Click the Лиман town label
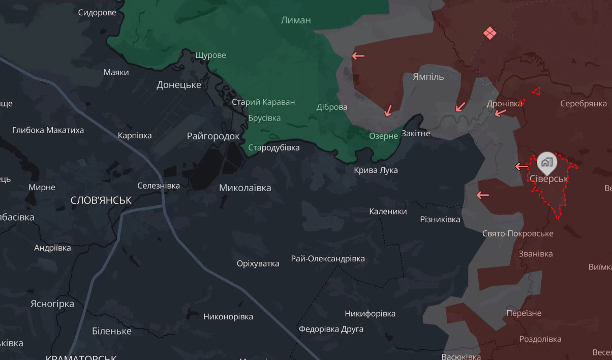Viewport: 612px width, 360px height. [295, 20]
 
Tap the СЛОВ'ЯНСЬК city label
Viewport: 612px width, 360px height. [101, 200]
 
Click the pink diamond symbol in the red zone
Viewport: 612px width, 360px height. [489, 34]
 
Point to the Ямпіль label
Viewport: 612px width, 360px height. [428, 77]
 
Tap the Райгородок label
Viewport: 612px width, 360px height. [213, 136]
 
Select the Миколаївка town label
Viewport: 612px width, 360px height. [245, 188]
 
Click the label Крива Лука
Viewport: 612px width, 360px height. [376, 170]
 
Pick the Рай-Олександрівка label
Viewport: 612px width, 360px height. [328, 259]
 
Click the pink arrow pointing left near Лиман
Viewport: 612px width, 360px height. [358, 55]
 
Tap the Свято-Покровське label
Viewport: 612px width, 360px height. [517, 233]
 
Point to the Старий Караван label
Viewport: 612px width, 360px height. [263, 102]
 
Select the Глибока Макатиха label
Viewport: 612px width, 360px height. [48, 130]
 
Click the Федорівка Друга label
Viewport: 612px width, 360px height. [331, 329]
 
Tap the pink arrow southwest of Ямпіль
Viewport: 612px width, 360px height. [388, 110]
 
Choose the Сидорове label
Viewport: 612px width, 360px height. [97, 13]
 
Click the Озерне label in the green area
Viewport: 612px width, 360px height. [383, 136]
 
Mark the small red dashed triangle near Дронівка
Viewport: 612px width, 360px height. [536, 91]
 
